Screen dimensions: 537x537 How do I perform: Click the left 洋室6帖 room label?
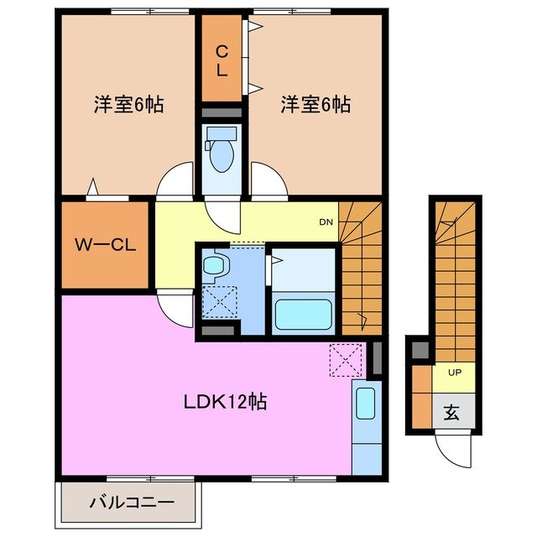click(x=128, y=105)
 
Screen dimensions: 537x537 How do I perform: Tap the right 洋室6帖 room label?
click(x=315, y=105)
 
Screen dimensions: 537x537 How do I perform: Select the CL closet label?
click(x=222, y=61)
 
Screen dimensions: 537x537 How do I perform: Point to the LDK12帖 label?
click(x=225, y=401)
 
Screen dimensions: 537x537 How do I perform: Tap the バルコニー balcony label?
click(x=130, y=503)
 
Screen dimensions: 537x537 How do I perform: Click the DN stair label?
click(x=326, y=222)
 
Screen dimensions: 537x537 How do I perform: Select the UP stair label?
click(x=454, y=372)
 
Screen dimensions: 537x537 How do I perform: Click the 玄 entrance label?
click(x=451, y=412)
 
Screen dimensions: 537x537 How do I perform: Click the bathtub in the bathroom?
click(x=305, y=314)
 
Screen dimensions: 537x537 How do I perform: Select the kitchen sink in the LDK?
click(x=365, y=404)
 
